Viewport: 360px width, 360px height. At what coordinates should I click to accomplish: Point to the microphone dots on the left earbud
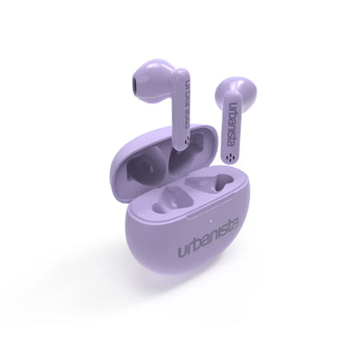[x=188, y=141]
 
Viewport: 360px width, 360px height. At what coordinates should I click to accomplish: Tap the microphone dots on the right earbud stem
[x=230, y=157]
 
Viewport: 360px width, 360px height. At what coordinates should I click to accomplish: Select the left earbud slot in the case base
[x=171, y=200]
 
